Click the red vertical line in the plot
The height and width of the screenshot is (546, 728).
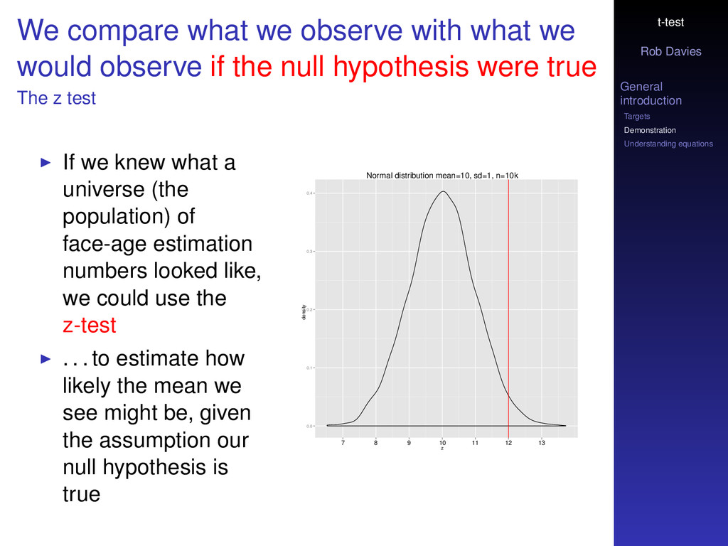point(508,309)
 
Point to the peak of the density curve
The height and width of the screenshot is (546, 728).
point(444,191)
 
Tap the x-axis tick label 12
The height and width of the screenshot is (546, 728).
point(508,443)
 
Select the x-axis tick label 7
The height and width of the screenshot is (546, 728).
point(343,443)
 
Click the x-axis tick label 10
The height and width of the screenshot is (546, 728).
point(442,443)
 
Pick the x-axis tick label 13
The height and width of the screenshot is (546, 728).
point(541,443)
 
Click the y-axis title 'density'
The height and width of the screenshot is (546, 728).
point(304,312)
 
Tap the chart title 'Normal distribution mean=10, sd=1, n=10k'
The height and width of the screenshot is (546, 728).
point(442,176)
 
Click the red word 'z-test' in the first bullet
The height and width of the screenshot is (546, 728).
point(89,325)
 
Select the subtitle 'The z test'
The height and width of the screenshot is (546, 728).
point(56,98)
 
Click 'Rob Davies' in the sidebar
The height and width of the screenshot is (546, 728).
point(671,51)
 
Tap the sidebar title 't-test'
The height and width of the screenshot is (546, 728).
point(671,22)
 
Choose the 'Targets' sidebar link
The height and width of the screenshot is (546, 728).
point(636,117)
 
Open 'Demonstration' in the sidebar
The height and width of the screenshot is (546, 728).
point(650,131)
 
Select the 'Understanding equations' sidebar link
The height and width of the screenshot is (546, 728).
point(668,144)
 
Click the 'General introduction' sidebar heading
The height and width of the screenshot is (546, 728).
point(651,93)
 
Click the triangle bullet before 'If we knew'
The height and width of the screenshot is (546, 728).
point(45,163)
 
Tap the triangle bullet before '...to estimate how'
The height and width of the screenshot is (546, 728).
point(45,358)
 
